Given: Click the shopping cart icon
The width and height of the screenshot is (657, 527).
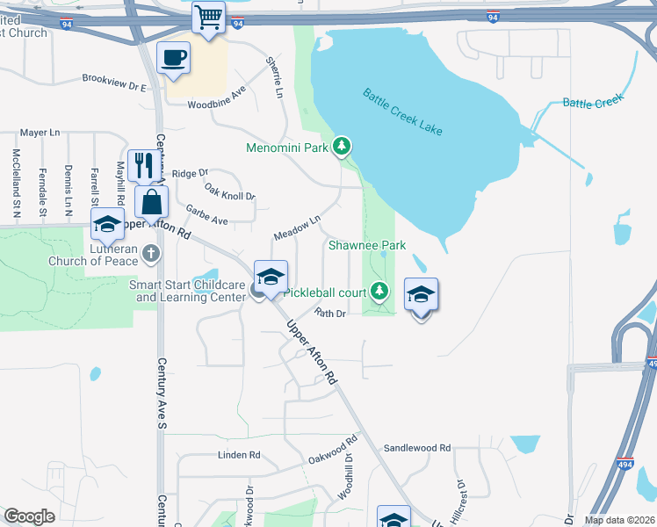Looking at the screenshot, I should [x=209, y=18].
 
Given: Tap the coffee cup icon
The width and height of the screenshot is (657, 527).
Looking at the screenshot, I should [x=173, y=58].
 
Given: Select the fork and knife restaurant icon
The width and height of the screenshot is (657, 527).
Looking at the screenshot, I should [x=143, y=164].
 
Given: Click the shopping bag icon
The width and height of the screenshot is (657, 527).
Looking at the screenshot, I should [x=152, y=201].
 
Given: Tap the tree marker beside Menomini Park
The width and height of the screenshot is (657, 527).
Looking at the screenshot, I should [x=343, y=147].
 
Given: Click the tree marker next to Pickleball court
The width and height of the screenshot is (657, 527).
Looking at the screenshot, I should [x=379, y=289].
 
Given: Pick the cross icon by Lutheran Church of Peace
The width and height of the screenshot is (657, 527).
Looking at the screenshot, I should [x=151, y=255].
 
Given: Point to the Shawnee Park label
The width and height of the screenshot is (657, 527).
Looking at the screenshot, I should [x=367, y=245].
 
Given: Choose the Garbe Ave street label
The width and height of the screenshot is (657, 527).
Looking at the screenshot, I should [x=207, y=215].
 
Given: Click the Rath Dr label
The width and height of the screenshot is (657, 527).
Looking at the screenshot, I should [x=331, y=313].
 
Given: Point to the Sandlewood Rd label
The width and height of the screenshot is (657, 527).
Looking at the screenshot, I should [x=416, y=448].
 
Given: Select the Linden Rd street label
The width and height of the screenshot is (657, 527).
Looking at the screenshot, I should [x=240, y=455].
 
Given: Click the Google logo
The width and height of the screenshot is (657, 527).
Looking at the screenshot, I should [x=29, y=516].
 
